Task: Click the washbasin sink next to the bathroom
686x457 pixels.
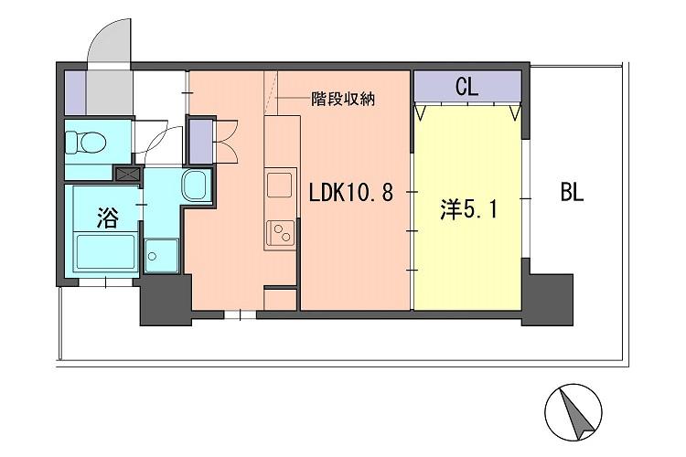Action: pos(195,186)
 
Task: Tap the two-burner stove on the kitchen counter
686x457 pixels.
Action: pos(279,233)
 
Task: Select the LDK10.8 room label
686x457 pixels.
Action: pos(351,193)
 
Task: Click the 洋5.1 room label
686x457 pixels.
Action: pos(469,210)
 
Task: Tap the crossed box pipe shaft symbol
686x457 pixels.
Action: pos(126,172)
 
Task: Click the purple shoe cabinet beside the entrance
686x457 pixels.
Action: pos(74,89)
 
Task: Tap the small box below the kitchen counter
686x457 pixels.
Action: pos(280,299)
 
